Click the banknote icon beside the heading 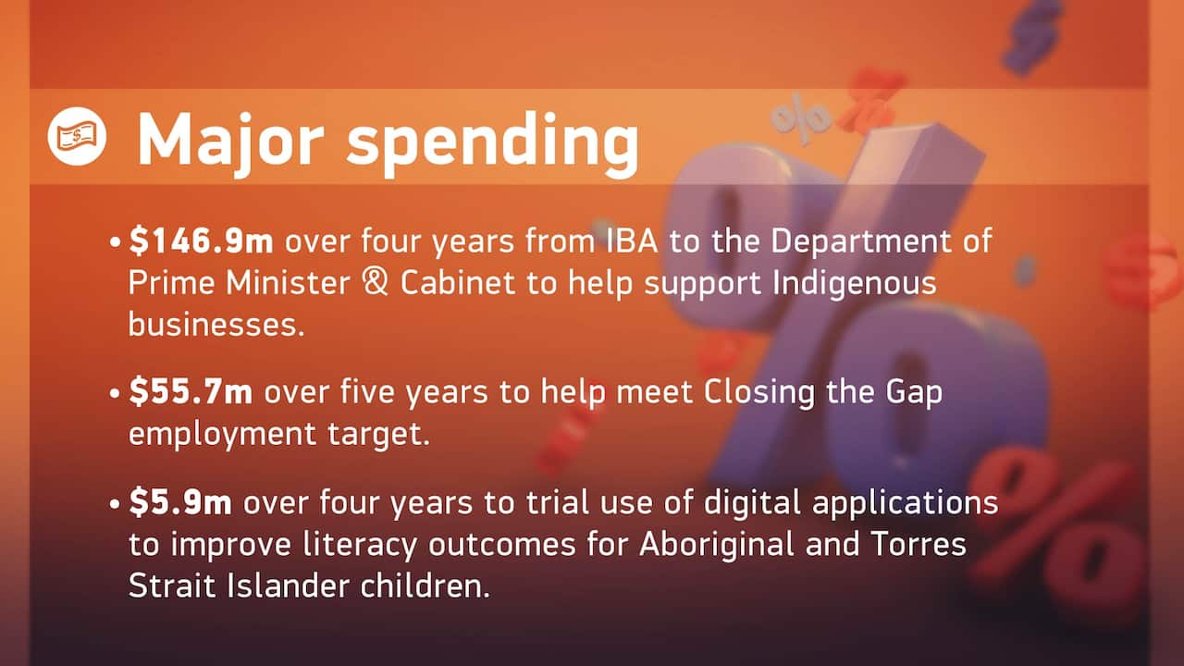point(77,137)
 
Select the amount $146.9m point(202,242)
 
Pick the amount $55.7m point(191,392)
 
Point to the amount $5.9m point(180,503)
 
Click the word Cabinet point(458,283)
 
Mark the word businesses point(216,325)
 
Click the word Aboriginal point(703,546)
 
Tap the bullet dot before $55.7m point(115,393)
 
